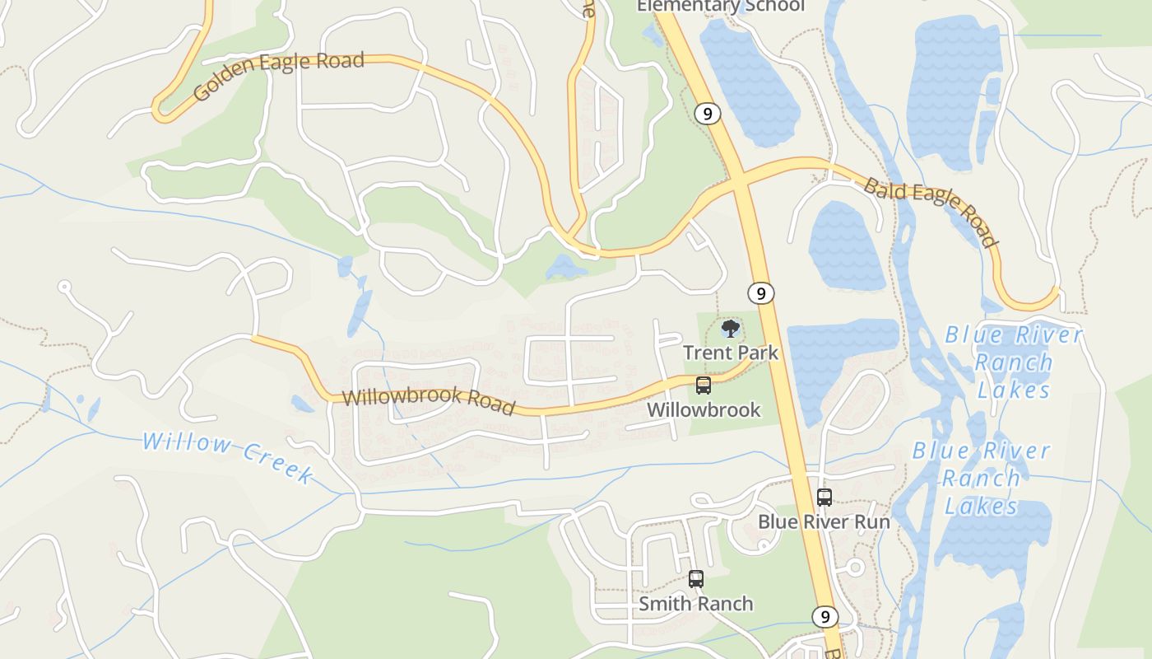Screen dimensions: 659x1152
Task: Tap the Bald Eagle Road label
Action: coord(931,211)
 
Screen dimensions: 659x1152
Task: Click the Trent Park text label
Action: coord(731,353)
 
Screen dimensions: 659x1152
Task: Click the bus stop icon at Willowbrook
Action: coord(704,385)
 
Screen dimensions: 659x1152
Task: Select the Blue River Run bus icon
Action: coord(825,498)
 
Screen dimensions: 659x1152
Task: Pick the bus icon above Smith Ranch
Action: coord(696,579)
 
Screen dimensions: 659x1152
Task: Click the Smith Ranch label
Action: coord(696,604)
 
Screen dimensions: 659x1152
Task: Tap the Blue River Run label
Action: coord(824,521)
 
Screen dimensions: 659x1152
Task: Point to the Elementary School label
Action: coord(721,7)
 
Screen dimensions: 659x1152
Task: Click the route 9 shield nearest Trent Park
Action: coord(761,292)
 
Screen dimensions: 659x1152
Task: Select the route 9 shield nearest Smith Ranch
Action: coord(825,616)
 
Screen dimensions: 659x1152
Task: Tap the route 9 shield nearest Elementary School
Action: coord(707,114)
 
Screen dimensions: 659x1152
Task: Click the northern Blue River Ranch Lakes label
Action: coord(1013,362)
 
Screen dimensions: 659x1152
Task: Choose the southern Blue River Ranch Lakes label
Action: coord(982,478)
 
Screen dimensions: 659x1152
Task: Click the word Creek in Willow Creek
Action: coord(278,465)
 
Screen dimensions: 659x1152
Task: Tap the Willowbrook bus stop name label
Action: coord(704,409)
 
